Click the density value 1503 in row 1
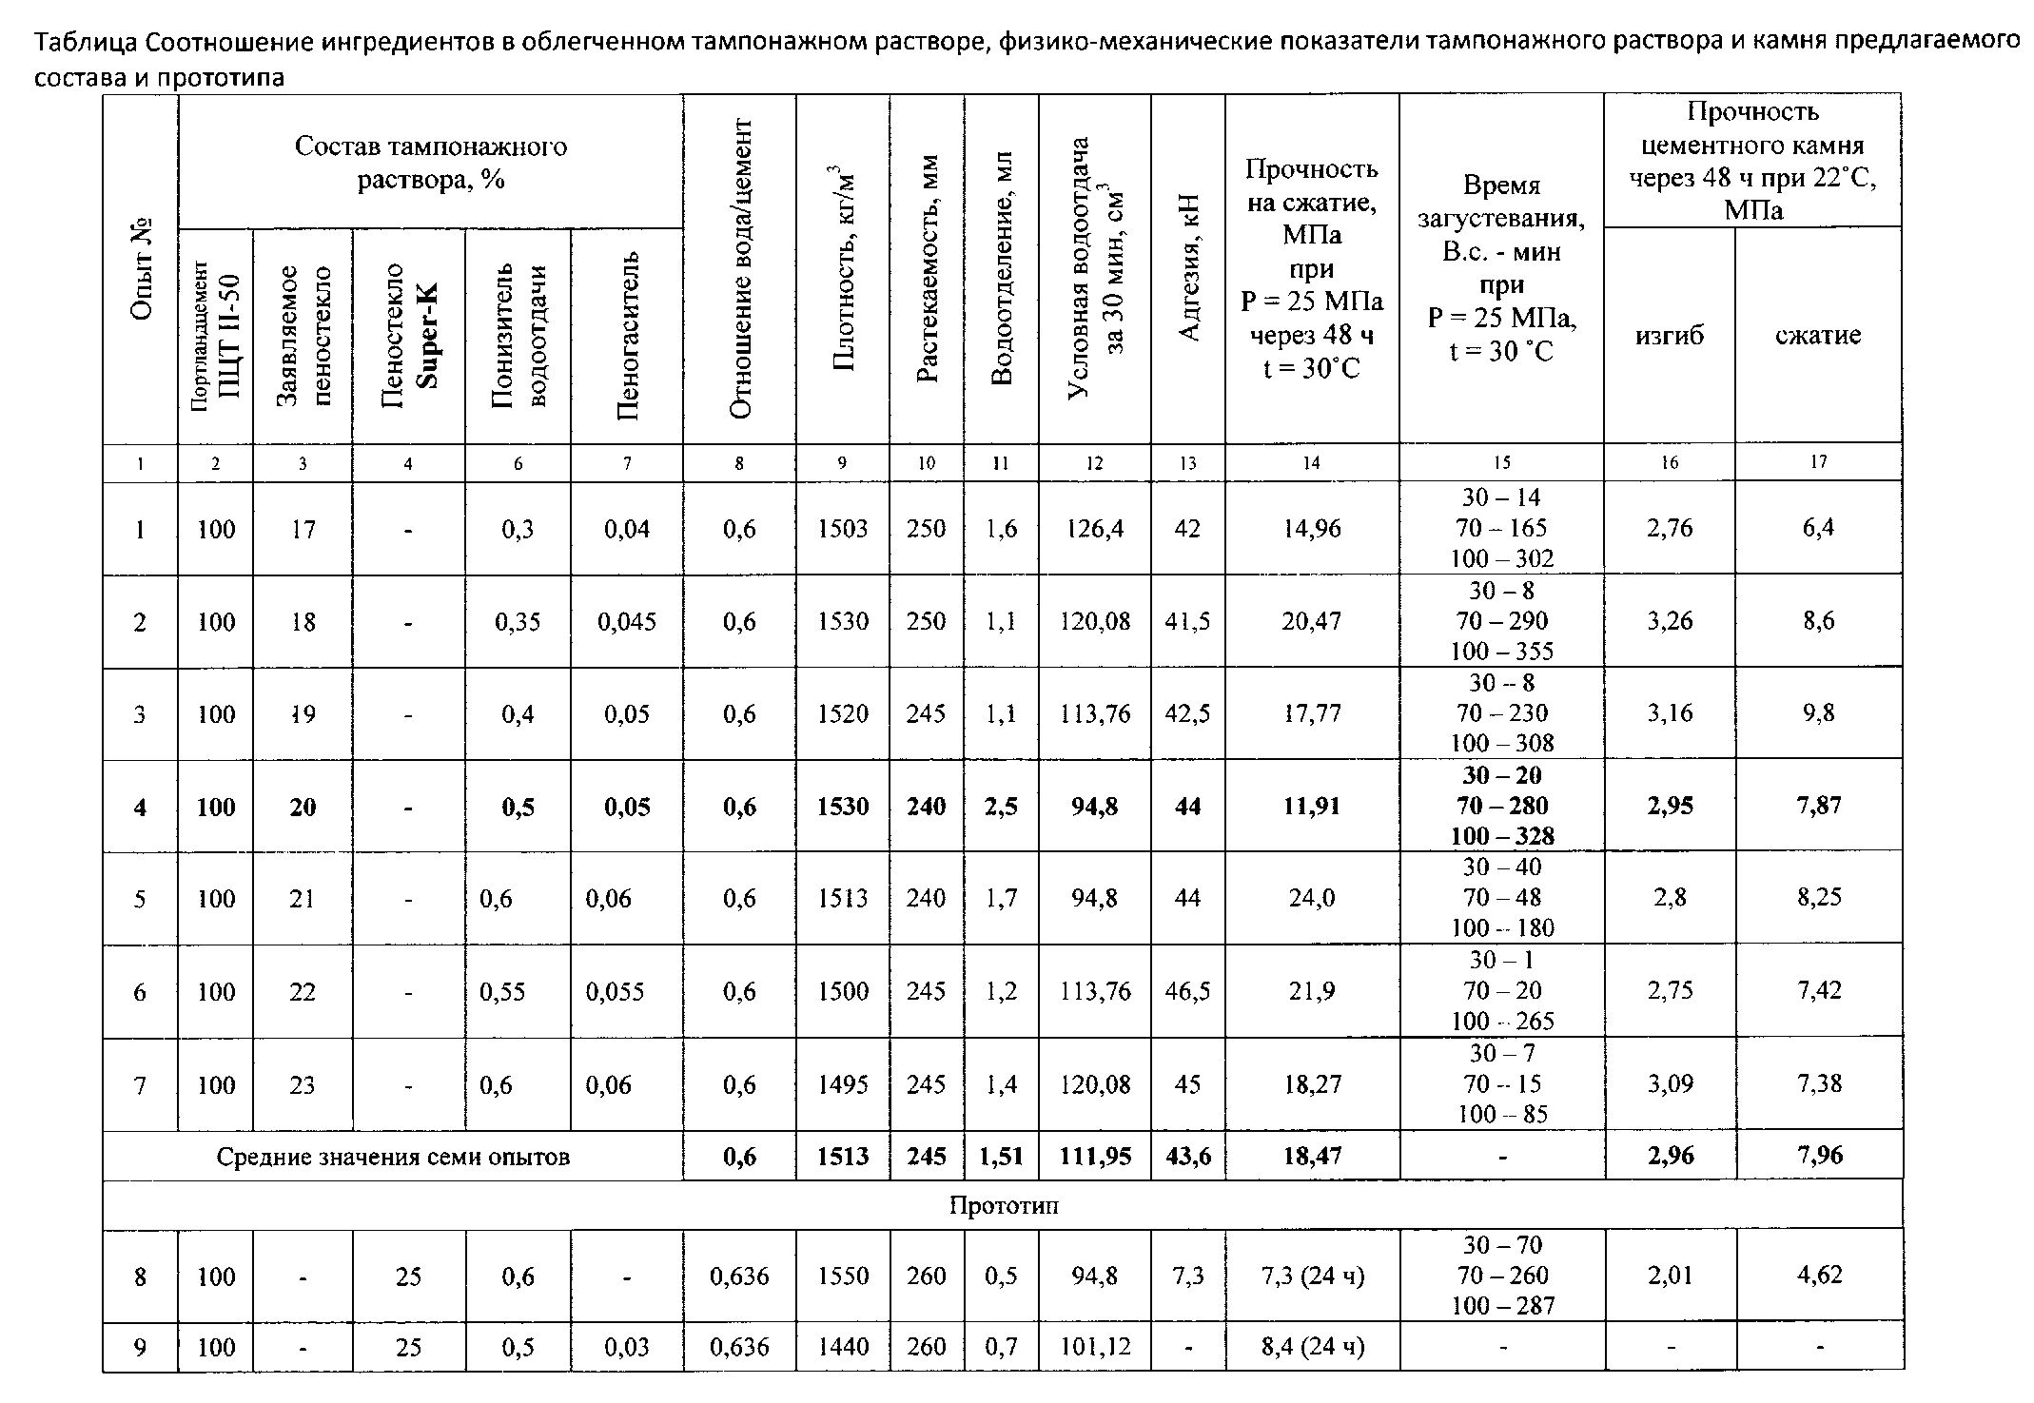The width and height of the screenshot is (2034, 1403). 842,529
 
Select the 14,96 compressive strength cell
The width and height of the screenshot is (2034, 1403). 1311,529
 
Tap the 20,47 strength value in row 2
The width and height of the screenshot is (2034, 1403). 1311,621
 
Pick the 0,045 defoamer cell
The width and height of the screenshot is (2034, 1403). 626,621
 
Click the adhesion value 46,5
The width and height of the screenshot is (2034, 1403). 1187,991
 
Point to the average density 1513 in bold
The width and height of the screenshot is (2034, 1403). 842,1156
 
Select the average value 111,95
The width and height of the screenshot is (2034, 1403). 1095,1156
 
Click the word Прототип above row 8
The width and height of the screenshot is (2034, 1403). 1004,1206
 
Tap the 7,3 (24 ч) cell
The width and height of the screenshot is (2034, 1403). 1311,1276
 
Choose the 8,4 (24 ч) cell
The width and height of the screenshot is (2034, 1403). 1311,1347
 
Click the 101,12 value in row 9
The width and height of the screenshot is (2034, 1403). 1095,1347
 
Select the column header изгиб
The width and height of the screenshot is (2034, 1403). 1670,335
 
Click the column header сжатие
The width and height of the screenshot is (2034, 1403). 1818,335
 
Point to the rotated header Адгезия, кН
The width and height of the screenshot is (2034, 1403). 1189,268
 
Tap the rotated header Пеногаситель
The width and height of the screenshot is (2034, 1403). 628,335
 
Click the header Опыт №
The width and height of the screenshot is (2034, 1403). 142,268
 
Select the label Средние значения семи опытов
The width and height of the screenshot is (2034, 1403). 393,1157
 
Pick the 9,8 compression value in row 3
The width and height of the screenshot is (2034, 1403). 1818,713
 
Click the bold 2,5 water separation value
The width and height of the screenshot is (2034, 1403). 1001,807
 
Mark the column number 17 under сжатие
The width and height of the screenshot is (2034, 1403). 1818,462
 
